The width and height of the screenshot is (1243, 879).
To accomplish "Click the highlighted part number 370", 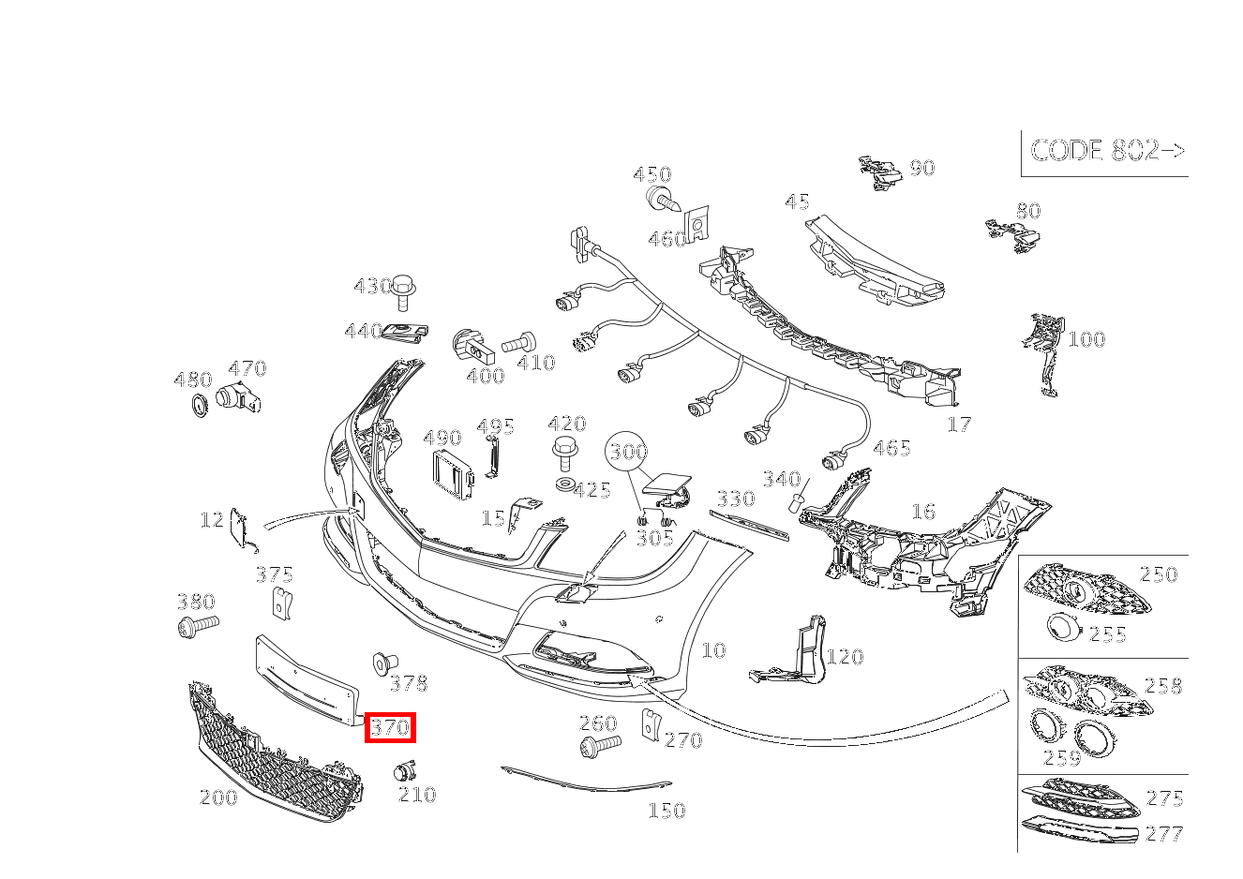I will point(390,727).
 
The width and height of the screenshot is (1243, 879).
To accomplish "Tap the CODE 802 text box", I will point(1106,151).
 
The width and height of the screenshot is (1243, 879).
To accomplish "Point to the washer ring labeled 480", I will point(199,407).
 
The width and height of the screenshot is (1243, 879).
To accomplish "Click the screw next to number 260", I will point(599,746).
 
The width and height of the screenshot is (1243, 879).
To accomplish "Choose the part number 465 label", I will point(891,448).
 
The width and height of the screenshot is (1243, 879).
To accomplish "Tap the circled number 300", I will point(626,452).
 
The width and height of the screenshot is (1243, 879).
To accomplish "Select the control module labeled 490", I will point(454,470).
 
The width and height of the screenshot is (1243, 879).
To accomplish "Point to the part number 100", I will point(1086,339).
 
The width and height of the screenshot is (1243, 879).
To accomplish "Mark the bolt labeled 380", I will point(197,624).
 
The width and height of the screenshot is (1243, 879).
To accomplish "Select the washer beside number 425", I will point(564,484).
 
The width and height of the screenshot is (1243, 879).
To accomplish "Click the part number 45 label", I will point(797,202).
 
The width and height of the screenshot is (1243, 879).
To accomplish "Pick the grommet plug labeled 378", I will point(382,663).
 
